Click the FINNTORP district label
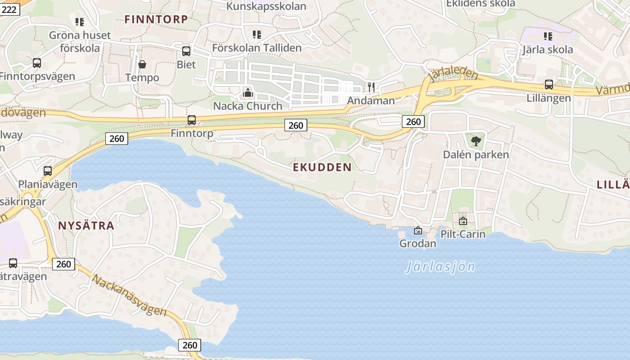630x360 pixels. click(x=156, y=19)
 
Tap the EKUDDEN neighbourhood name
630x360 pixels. click(x=322, y=167)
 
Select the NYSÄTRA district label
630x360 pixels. click(x=86, y=226)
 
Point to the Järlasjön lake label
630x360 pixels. click(x=440, y=267)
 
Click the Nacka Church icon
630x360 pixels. click(x=247, y=93)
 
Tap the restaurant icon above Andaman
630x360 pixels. click(x=371, y=87)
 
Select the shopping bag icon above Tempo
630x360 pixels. click(x=142, y=64)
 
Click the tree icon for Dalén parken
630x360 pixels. click(x=476, y=141)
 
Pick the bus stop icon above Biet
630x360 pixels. click(x=186, y=51)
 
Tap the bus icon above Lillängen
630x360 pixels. click(x=549, y=84)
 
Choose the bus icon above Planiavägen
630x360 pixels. click(x=48, y=171)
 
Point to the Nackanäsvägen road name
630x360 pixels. click(x=129, y=295)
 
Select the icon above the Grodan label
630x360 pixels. click(x=418, y=231)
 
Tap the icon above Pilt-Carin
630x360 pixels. click(x=463, y=221)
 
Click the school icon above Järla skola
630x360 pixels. click(x=548, y=36)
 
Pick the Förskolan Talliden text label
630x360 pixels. click(x=257, y=48)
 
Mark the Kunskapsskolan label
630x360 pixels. click(x=266, y=6)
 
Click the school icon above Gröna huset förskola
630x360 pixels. click(x=80, y=22)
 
